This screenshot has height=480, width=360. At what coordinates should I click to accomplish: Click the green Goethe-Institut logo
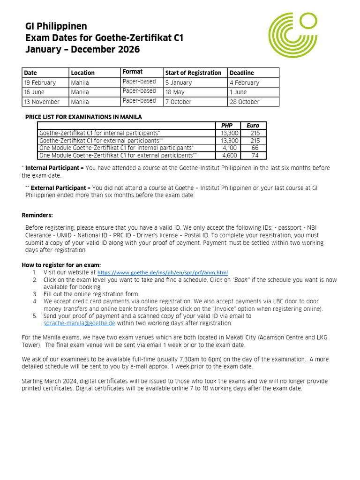coord(293,36)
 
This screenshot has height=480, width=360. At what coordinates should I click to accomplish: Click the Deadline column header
coord(242,73)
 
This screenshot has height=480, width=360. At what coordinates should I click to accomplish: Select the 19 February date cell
coord(40,82)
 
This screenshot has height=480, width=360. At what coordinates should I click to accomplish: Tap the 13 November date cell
coord(42,102)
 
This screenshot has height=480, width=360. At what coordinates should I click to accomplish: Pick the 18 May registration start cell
coord(175,92)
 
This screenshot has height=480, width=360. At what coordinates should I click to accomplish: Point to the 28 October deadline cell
coord(244,102)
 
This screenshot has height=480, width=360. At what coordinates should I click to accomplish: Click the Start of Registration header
coord(193,73)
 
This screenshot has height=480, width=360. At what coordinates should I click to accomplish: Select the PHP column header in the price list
coord(227,126)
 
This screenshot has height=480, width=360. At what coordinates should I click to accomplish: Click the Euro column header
coord(253,126)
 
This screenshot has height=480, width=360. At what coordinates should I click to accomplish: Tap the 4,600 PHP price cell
coord(230,155)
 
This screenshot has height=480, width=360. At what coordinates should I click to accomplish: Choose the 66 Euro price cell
coord(255,148)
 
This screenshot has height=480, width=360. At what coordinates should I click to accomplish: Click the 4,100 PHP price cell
coord(230,148)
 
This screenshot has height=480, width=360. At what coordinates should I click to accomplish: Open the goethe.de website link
coord(163,272)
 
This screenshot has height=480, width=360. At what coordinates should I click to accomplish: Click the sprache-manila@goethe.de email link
coord(79,323)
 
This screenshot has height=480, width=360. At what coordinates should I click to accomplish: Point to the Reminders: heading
coord(37,215)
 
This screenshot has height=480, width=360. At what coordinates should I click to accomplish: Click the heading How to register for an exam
coord(61,265)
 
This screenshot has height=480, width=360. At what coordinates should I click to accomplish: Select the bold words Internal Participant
coord(52,168)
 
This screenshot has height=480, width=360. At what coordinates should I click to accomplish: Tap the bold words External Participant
coord(58,187)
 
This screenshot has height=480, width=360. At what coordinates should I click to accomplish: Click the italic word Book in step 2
coord(240,280)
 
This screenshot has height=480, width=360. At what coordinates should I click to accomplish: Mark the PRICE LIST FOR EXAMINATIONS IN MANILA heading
coord(83,117)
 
